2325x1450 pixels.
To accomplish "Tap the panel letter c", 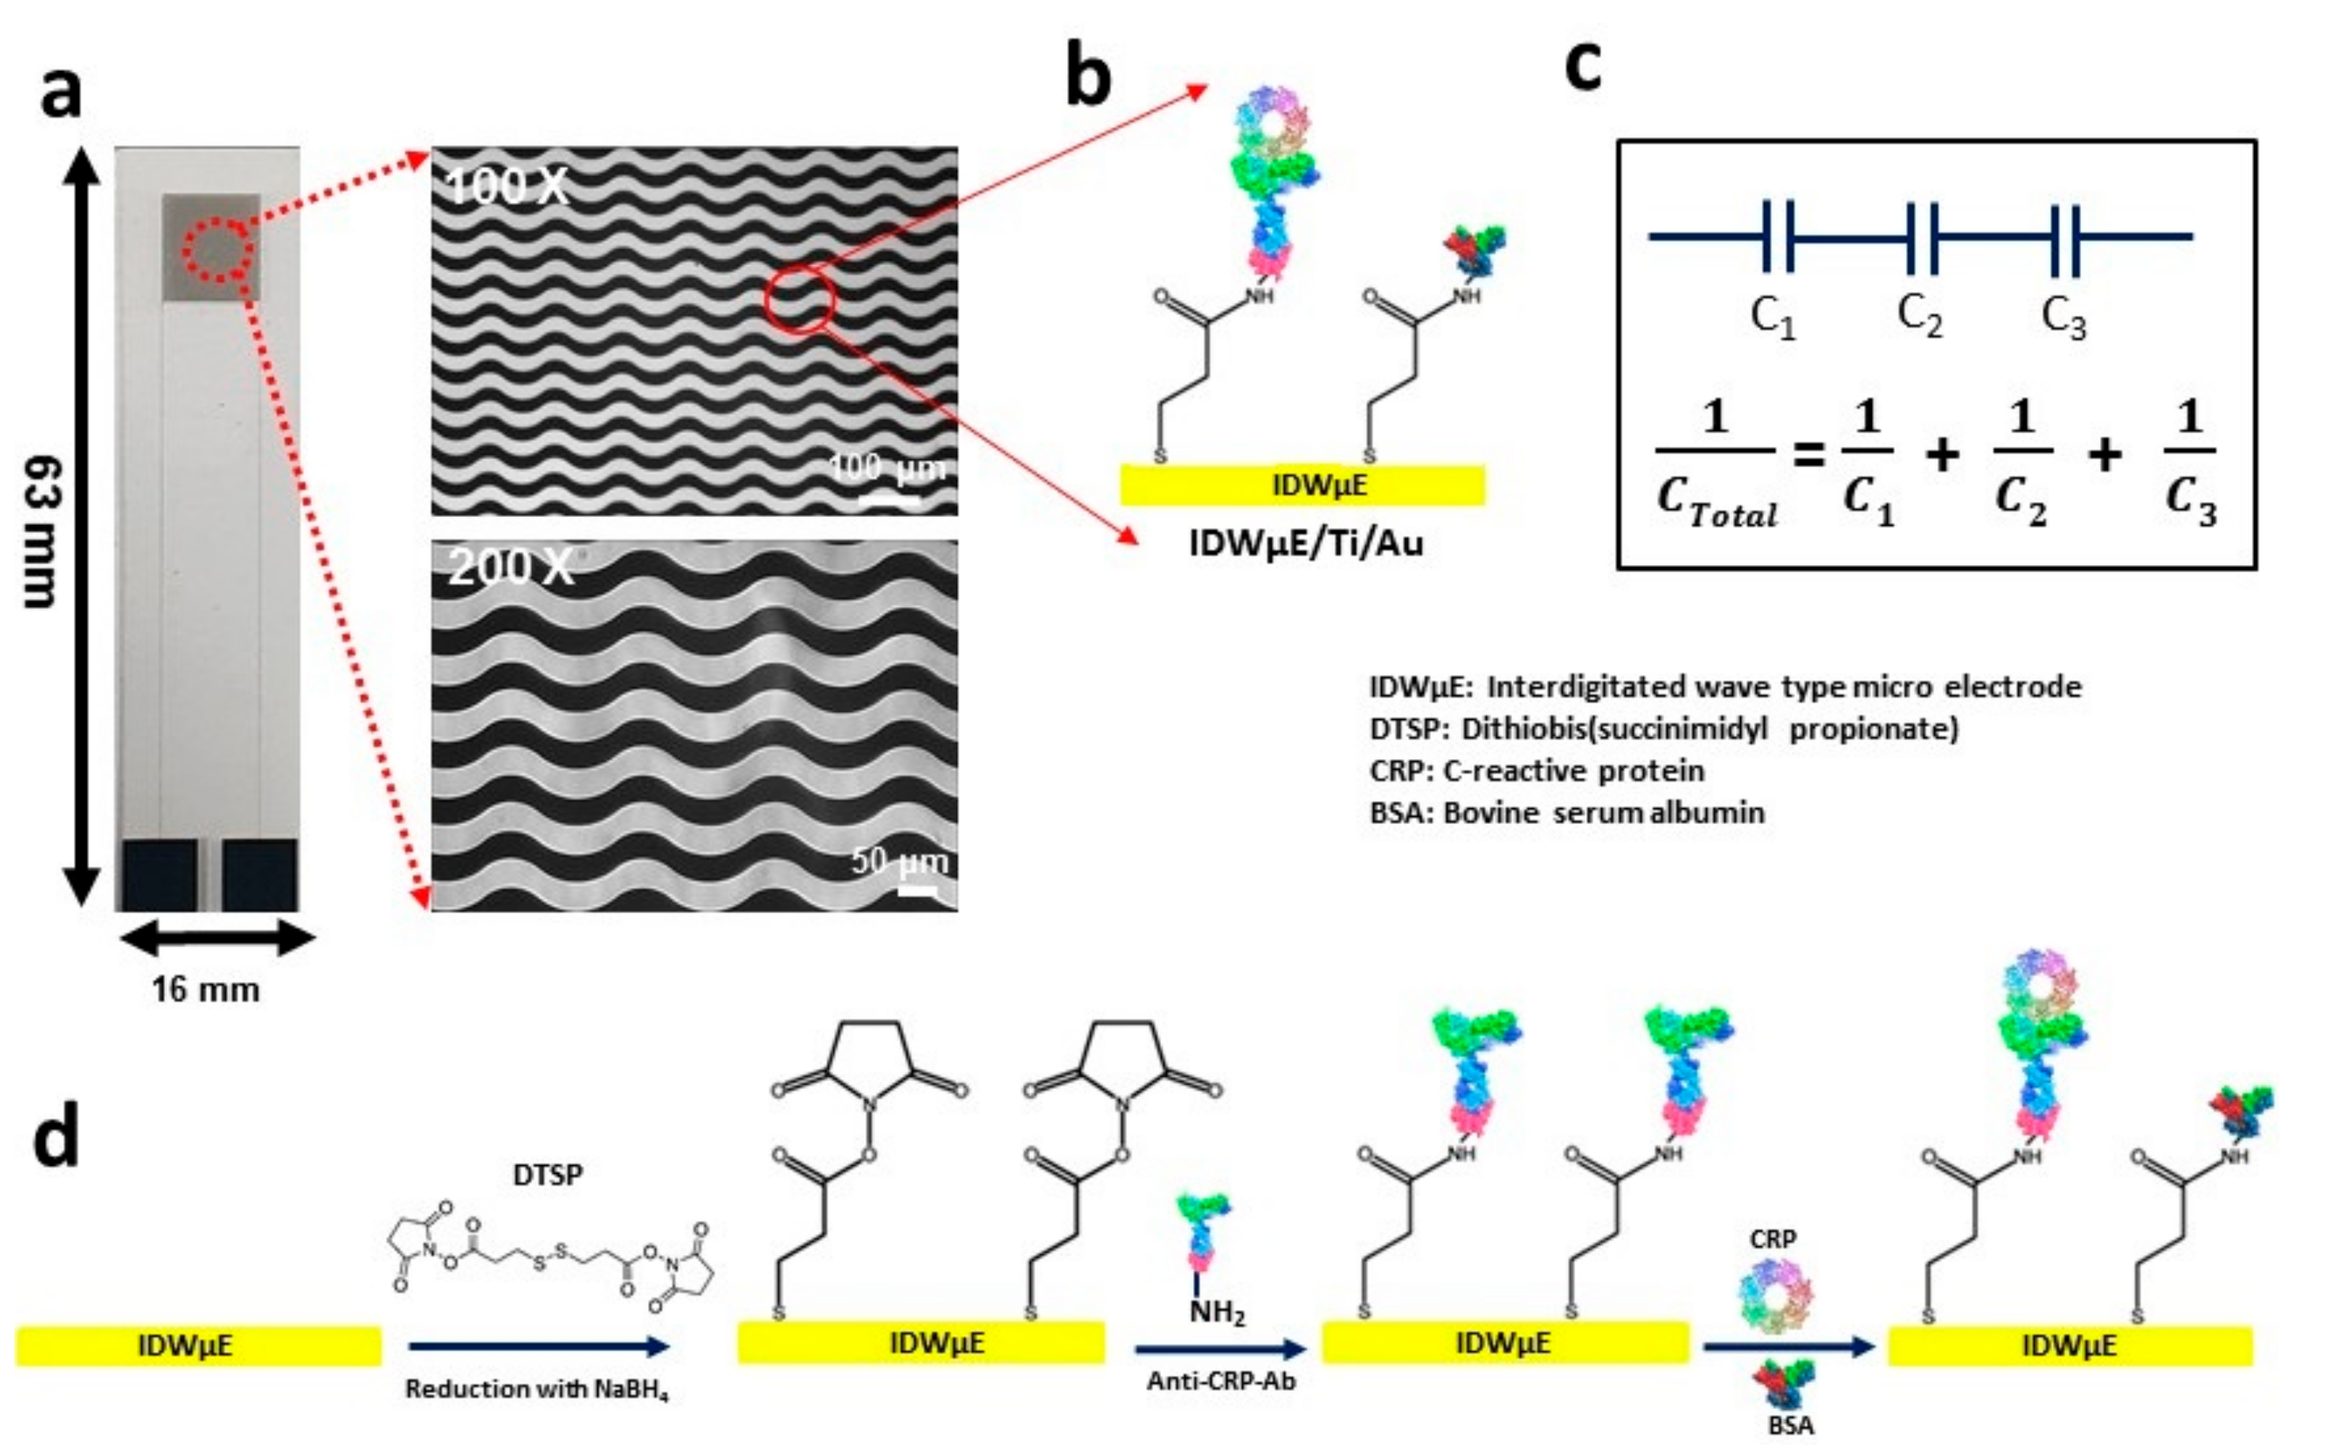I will [1583, 66].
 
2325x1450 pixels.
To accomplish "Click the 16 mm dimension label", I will [205, 989].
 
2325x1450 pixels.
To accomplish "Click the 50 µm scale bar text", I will [900, 860].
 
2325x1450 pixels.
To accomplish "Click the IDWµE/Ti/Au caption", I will [1306, 544].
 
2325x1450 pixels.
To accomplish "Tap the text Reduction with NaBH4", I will [536, 1388].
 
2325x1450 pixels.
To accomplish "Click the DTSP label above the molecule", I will [548, 1174].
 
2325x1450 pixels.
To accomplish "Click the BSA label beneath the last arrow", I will [1790, 1425].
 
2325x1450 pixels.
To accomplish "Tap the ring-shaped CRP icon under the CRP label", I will [1776, 1295].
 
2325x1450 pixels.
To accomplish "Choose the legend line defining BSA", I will [1567, 812].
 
